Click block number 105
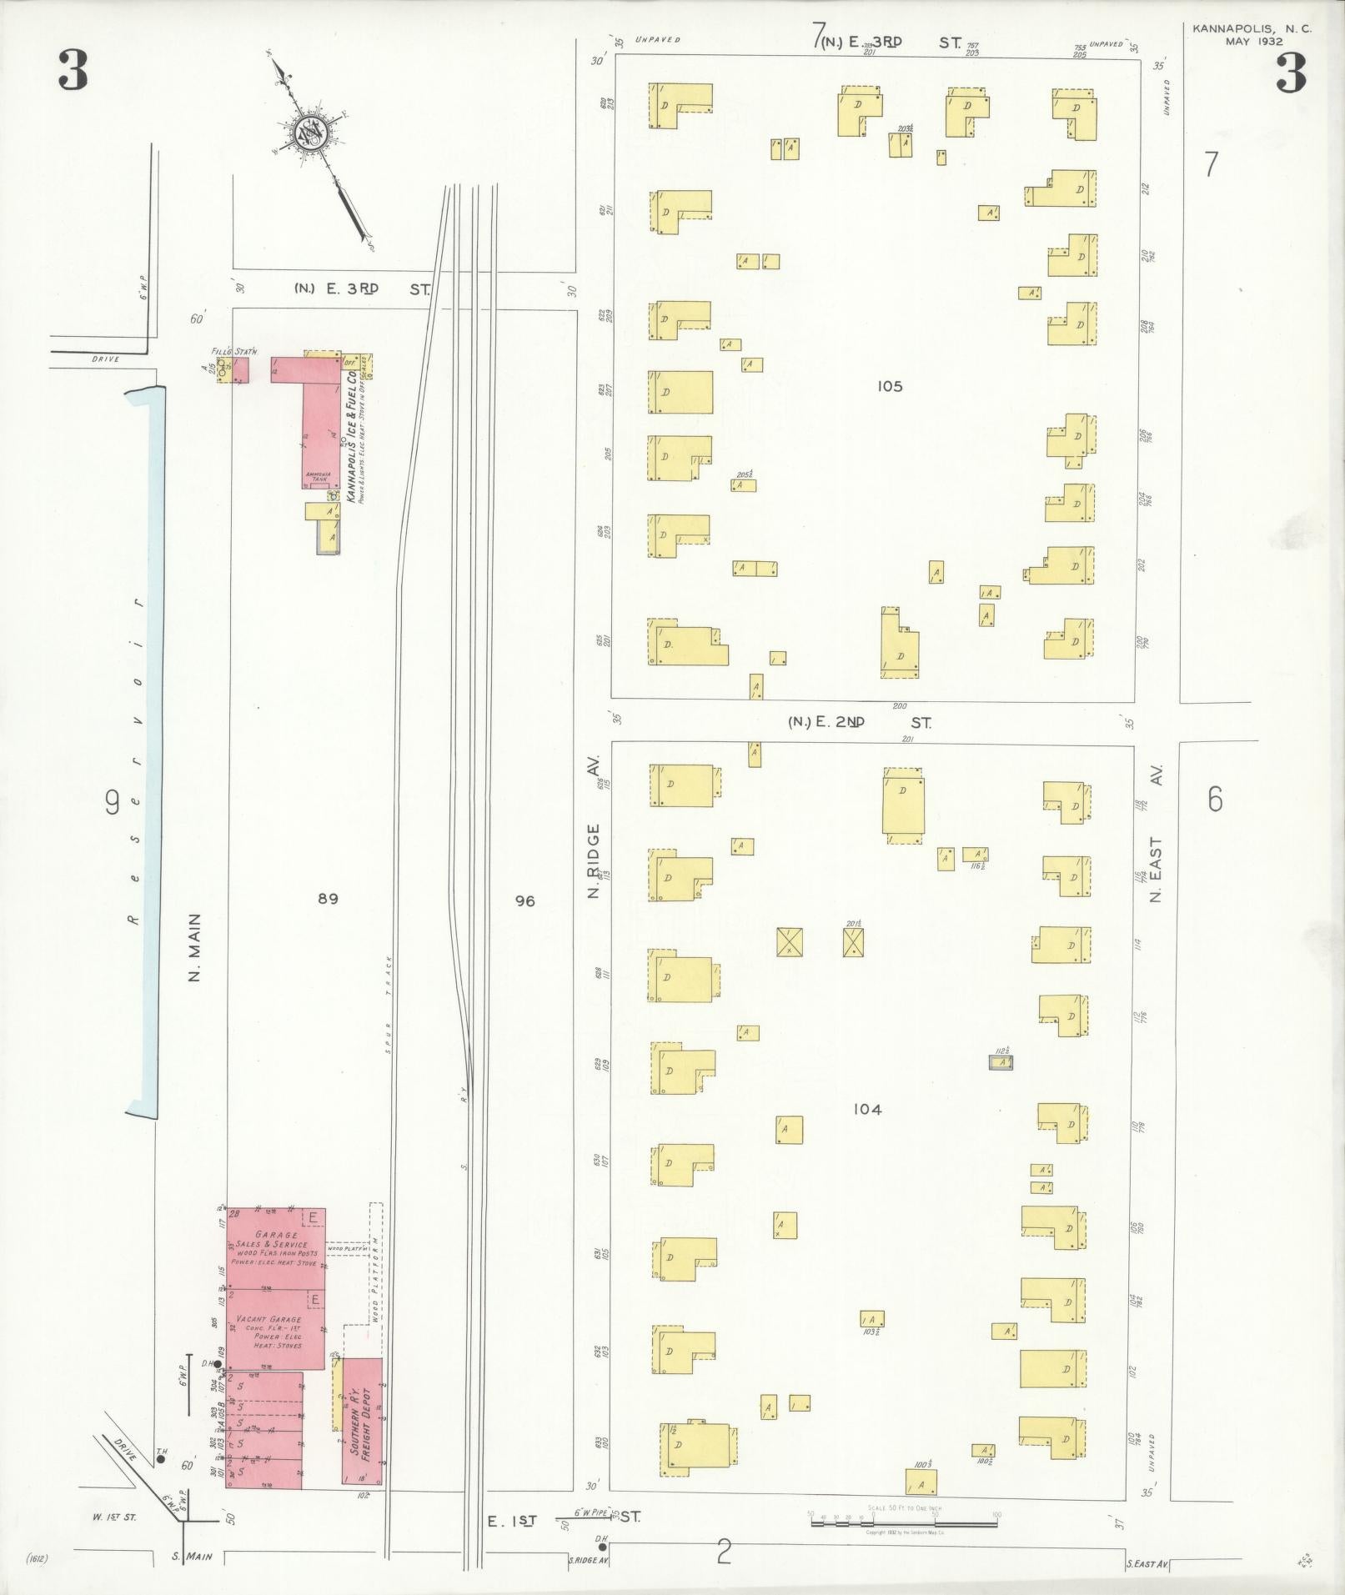[890, 386]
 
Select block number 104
[867, 1109]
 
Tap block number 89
[328, 899]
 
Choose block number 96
[524, 900]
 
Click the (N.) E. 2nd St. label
[859, 722]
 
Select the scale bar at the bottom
[903, 1522]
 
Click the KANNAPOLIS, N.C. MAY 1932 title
[1251, 34]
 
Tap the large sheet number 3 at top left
[73, 71]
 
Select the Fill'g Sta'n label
[233, 353]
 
